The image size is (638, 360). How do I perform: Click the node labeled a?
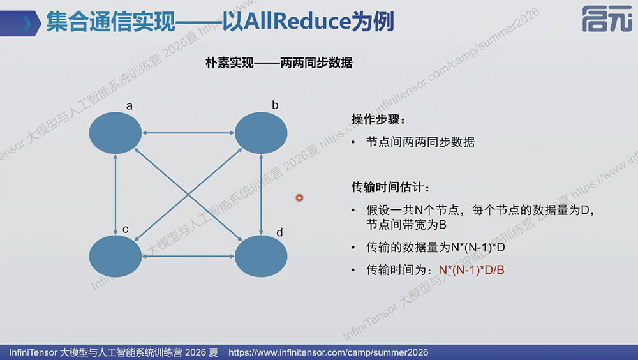point(115,133)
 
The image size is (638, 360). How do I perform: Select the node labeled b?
point(261,133)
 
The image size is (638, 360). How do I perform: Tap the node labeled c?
point(115,256)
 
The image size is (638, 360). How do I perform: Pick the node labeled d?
point(261,256)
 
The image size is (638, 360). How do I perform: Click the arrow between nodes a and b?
point(188,133)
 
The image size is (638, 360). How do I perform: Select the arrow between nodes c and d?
point(188,256)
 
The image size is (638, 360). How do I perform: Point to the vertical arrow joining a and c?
point(115,195)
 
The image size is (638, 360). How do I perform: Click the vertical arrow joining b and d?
point(261,195)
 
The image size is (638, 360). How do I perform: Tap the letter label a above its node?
point(130,107)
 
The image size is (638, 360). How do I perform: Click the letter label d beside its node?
point(279,232)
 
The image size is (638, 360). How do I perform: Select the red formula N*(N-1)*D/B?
point(471,269)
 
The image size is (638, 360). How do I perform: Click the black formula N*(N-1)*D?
point(478,247)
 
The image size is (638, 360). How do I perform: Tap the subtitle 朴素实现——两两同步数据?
point(279,63)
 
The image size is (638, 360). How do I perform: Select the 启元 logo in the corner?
point(607,19)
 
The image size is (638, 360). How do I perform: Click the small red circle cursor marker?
point(299,198)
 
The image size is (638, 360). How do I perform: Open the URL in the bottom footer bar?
point(329,352)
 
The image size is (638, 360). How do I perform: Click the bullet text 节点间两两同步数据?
point(420,142)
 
